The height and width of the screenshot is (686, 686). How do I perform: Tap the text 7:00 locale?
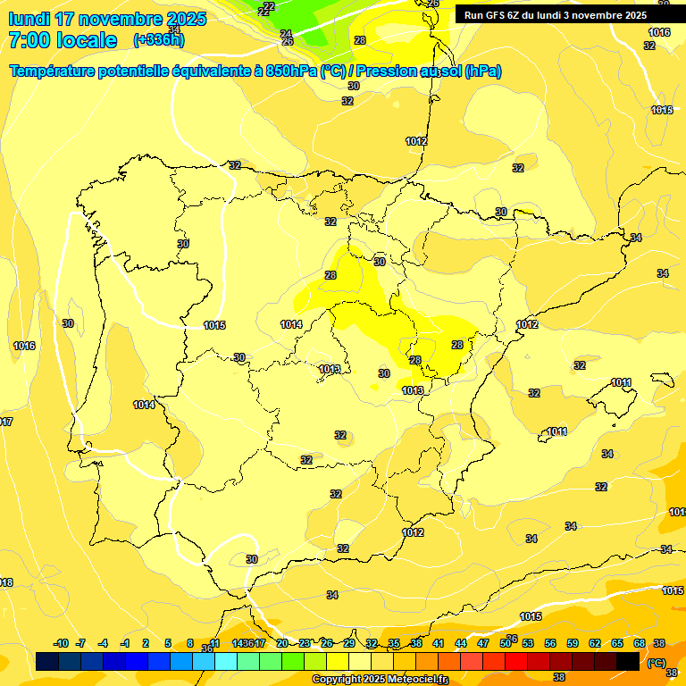click(63, 40)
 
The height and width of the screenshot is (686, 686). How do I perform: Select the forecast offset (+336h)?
click(158, 40)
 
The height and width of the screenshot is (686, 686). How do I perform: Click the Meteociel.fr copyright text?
click(380, 680)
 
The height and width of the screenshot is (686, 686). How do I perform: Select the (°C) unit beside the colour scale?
click(656, 662)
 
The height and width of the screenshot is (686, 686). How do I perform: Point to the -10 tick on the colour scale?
click(61, 643)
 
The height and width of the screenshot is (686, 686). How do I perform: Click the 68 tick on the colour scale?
click(640, 643)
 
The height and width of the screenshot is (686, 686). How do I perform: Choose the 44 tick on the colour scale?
click(461, 643)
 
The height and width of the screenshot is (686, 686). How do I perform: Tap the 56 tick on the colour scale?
click(550, 643)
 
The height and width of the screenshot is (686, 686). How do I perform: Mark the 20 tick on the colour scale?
click(282, 643)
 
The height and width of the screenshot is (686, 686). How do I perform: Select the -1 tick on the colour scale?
click(125, 643)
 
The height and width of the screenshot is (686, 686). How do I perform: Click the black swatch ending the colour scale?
click(628, 661)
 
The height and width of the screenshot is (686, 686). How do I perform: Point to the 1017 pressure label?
click(5, 422)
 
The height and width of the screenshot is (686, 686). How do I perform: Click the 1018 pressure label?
click(5, 582)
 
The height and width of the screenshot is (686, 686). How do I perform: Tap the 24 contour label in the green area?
click(286, 34)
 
